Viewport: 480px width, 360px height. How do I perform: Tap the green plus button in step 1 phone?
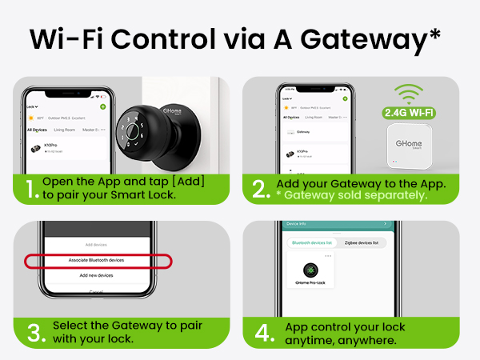tap(102, 106)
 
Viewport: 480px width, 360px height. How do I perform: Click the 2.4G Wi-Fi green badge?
tap(410, 111)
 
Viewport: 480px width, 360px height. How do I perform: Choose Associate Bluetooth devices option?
tap(95, 261)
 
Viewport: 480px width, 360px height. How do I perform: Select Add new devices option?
tap(95, 275)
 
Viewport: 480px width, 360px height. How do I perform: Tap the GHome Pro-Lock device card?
tap(310, 273)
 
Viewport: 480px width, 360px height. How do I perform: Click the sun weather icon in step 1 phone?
tap(32, 118)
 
